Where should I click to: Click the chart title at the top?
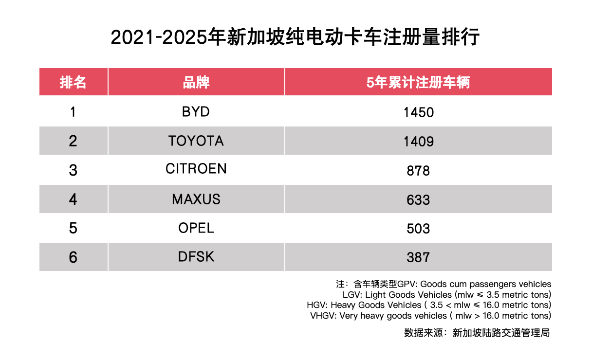click(x=295, y=37)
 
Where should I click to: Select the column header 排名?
click(x=73, y=82)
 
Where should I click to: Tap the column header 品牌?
click(x=196, y=82)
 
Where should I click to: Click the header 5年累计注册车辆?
click(x=418, y=82)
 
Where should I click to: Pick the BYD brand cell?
click(x=196, y=112)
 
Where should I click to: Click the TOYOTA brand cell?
click(x=196, y=141)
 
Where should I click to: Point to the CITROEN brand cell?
click(x=196, y=169)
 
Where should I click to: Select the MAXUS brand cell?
click(x=196, y=199)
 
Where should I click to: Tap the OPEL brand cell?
click(x=196, y=228)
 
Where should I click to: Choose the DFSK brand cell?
click(x=196, y=257)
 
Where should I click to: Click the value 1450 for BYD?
click(x=418, y=113)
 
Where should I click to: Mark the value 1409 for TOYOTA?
click(x=418, y=142)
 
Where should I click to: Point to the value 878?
click(x=418, y=171)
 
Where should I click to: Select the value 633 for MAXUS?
click(x=418, y=200)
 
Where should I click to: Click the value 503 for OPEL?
click(x=418, y=229)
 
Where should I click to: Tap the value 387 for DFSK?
click(x=418, y=257)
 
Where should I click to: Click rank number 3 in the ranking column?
click(x=73, y=171)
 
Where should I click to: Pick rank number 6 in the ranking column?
click(x=73, y=257)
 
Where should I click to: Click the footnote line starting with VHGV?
click(x=430, y=316)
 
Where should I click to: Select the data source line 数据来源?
click(x=477, y=333)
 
